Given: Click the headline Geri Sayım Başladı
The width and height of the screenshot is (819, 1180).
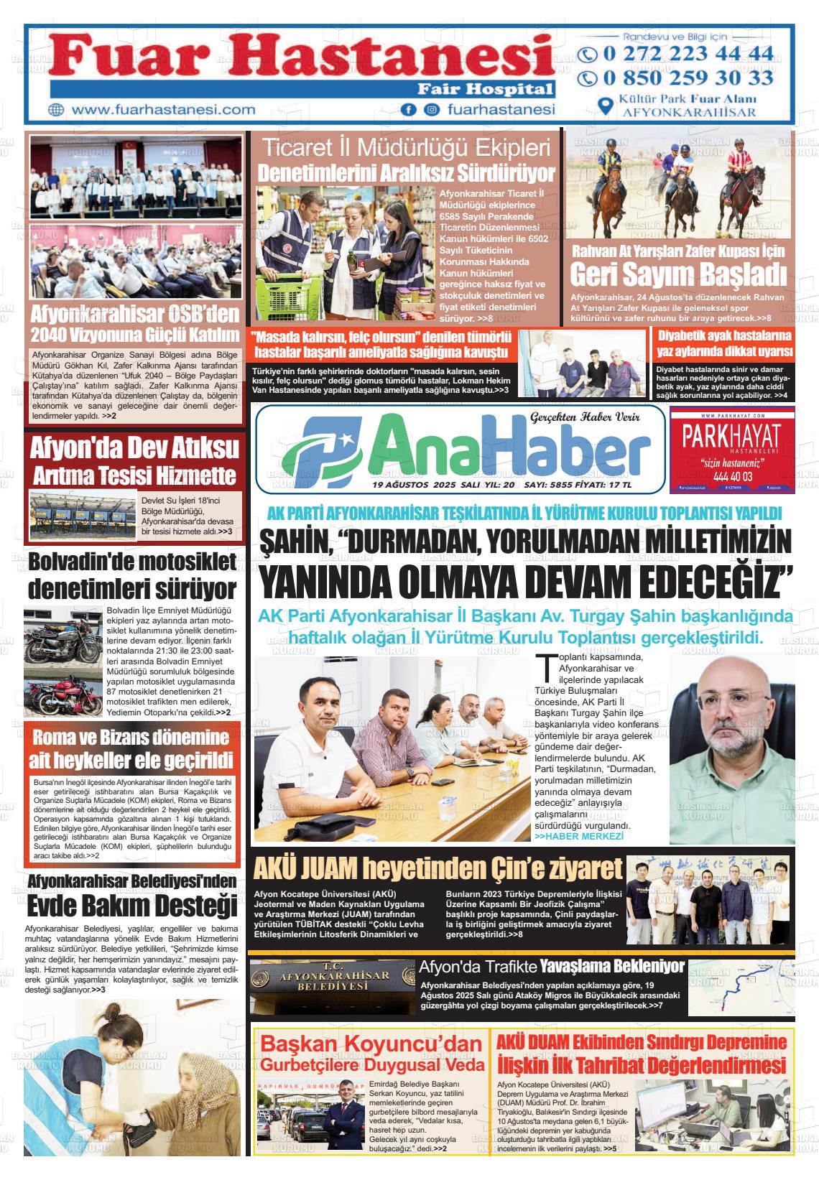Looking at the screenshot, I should [677, 274].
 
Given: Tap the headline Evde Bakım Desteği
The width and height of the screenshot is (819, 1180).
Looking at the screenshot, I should [132, 904].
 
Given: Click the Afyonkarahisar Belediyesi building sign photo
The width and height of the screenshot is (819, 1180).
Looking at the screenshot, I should [332, 988].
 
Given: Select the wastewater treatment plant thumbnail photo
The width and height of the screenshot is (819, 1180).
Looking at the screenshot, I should [83, 516].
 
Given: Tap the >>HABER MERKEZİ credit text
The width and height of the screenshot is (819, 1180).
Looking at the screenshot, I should [579, 837].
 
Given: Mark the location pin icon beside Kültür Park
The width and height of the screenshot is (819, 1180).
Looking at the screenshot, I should [606, 106].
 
